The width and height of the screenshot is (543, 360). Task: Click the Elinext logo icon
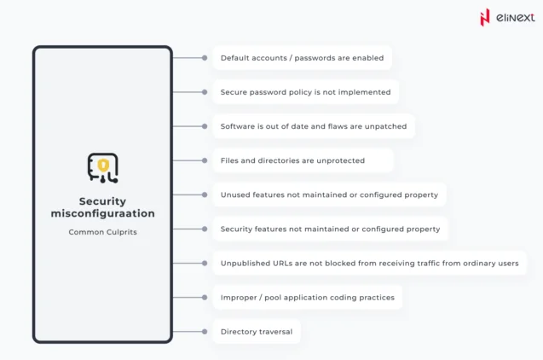click(x=485, y=17)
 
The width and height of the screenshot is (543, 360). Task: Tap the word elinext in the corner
click(x=515, y=17)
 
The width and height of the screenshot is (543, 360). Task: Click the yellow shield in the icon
click(x=103, y=165)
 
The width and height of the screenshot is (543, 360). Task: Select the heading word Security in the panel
click(x=102, y=201)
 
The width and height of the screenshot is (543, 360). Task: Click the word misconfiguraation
click(x=103, y=213)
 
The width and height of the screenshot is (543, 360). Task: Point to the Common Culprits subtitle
click(x=103, y=232)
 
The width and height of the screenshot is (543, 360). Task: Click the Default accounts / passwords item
click(x=303, y=58)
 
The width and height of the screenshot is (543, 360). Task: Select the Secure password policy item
click(x=306, y=92)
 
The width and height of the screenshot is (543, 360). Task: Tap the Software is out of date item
click(x=314, y=126)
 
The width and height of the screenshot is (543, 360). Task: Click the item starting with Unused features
click(x=329, y=195)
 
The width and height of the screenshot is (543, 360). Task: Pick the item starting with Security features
click(x=331, y=229)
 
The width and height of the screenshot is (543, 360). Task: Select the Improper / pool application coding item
click(x=308, y=297)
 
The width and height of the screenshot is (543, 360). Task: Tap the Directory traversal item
click(x=257, y=332)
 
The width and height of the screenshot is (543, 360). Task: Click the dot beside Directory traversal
click(x=205, y=332)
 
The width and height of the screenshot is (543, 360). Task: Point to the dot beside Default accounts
click(x=205, y=58)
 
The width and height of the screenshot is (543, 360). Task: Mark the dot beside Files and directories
click(x=205, y=160)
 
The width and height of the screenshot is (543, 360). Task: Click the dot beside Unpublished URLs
click(x=205, y=264)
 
